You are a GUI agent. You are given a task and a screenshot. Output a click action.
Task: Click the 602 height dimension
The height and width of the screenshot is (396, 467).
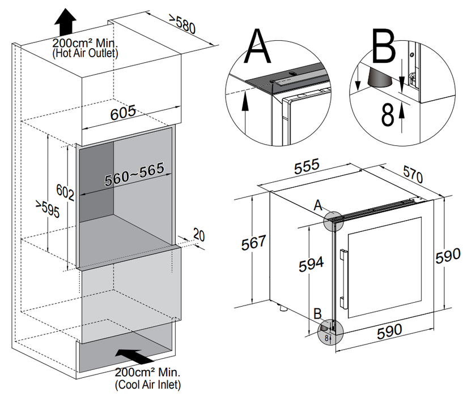pos(65,192)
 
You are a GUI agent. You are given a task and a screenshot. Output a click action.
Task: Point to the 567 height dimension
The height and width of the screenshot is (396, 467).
pos(253,243)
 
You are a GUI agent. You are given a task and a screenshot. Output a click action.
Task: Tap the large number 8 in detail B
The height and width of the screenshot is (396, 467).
pos(387,115)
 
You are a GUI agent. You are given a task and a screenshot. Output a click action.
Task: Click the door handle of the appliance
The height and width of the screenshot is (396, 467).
pos(343,275)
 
